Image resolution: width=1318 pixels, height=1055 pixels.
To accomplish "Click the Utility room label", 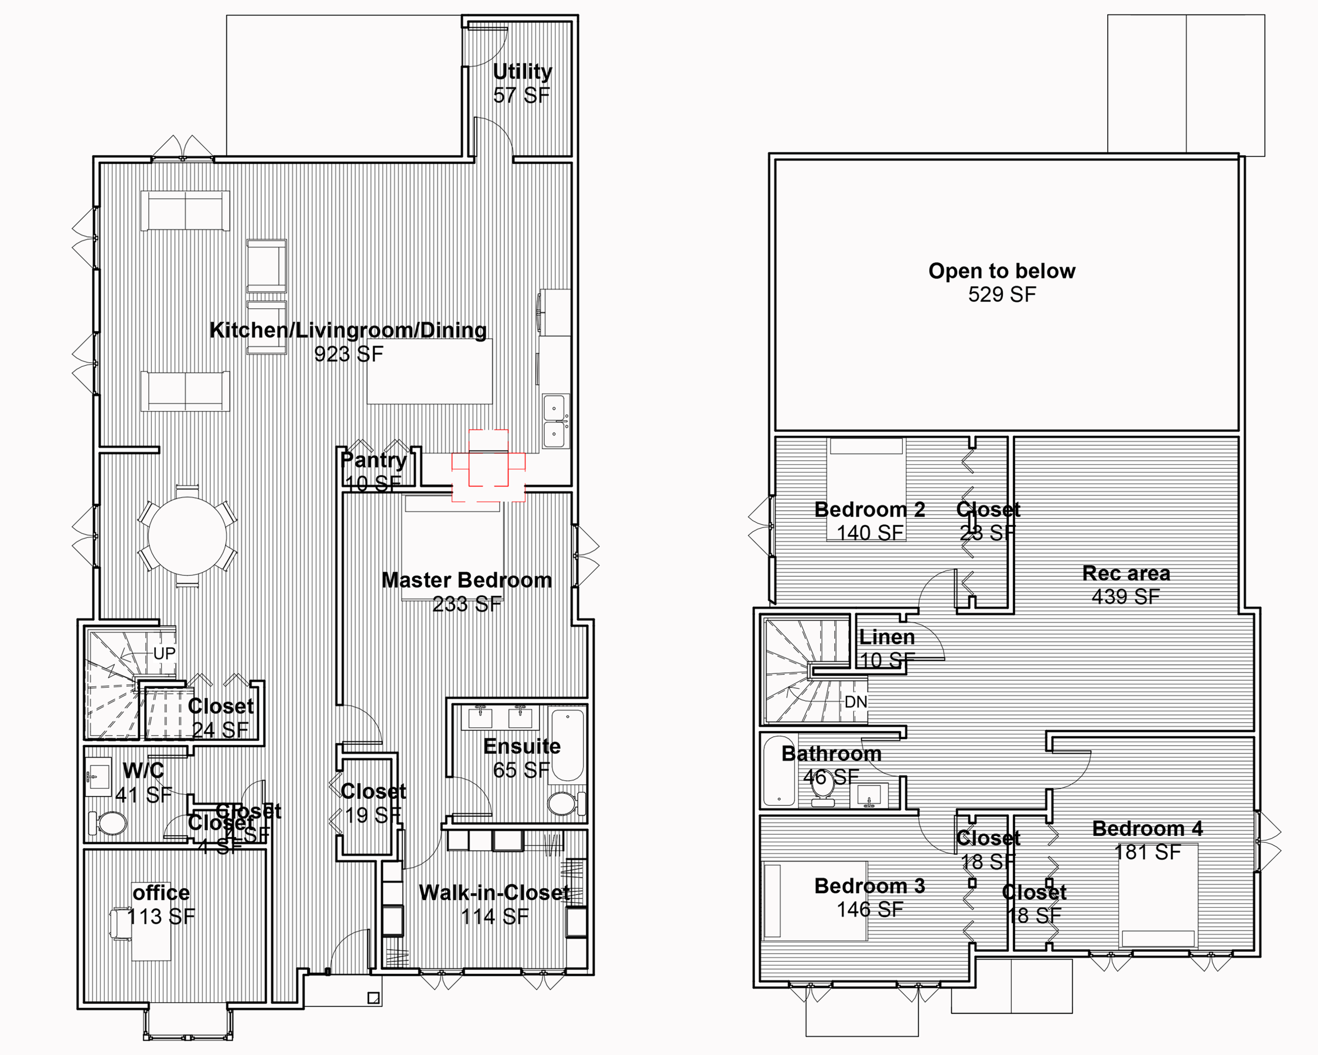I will (522, 72).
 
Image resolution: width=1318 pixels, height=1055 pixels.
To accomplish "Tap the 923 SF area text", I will (349, 353).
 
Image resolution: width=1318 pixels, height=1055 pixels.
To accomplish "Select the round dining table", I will (187, 536).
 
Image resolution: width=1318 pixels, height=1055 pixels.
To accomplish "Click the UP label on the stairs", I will (164, 653).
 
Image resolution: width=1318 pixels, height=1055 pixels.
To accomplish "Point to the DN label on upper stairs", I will (855, 702).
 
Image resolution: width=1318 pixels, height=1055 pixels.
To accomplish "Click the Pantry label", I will (373, 460).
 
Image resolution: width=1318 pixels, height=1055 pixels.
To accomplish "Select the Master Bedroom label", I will (466, 580).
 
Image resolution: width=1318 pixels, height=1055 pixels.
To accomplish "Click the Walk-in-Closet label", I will (494, 893).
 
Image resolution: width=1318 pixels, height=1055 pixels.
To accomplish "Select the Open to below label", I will (1001, 271).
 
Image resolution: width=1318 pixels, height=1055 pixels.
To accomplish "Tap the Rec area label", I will (1126, 573).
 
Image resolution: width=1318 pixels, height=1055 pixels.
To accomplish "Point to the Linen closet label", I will (886, 637).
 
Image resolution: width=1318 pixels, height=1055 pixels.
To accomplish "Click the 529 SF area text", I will (1001, 295).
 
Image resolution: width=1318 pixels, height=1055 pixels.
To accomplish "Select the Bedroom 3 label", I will (869, 886).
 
